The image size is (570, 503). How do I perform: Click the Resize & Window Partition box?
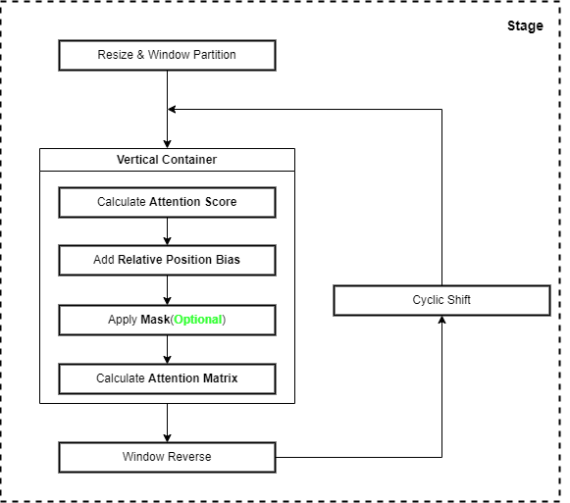167,55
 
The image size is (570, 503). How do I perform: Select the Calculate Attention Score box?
167,202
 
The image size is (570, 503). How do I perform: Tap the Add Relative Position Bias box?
167,260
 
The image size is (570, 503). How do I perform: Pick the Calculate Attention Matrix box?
167,378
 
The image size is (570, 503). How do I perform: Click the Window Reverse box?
167,457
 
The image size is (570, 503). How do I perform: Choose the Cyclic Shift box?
441,301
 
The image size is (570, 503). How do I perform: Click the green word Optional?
198,320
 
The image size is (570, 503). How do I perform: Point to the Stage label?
525,26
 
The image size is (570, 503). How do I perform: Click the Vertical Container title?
167,160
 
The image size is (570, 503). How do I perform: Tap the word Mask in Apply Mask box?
155,320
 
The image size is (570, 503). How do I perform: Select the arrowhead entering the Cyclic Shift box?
441,320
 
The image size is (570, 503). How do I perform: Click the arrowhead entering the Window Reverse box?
167,438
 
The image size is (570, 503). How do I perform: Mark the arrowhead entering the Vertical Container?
167,144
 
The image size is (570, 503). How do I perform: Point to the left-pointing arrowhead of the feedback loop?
172,109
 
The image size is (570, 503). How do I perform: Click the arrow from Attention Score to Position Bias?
167,231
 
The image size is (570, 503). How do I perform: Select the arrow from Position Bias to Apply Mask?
167,290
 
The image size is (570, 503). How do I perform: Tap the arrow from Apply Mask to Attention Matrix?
167,349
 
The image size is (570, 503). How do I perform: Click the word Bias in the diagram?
228,260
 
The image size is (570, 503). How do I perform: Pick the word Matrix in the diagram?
221,377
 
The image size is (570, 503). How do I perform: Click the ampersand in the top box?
140,55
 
